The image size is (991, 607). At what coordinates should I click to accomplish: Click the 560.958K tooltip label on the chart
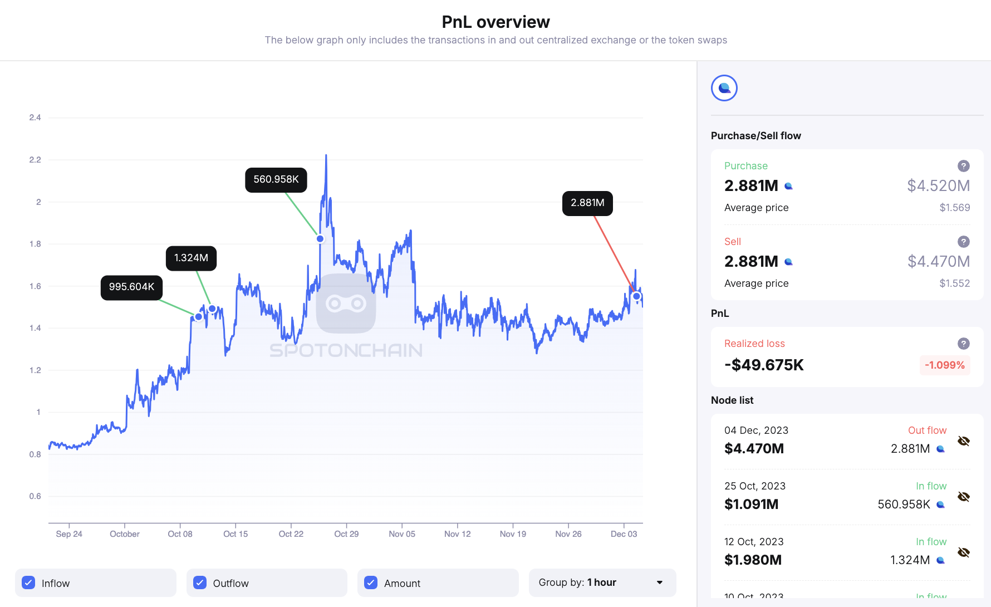pos(276,180)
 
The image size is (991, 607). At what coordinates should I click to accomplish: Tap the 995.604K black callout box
pos(131,287)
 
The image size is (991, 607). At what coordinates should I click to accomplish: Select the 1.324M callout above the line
pos(191,258)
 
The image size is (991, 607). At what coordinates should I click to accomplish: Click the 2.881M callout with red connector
pos(587,203)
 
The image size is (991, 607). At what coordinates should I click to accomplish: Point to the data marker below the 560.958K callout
pos(320,239)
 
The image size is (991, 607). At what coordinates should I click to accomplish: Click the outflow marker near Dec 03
pos(636,296)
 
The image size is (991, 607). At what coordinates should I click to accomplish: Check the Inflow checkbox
pos(28,582)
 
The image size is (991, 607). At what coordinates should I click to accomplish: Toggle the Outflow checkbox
pos(200,582)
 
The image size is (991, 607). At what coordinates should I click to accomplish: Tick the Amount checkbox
pos(371,582)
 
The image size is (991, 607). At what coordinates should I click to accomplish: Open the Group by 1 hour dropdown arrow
pos(660,582)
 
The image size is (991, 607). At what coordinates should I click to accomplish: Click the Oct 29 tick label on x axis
pos(346,534)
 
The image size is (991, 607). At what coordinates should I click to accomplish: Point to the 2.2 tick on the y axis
pos(35,160)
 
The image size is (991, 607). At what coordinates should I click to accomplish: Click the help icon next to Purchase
pos(963,166)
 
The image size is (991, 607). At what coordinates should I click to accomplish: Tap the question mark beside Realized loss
pos(963,344)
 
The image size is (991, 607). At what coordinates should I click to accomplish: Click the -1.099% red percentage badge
pos(944,365)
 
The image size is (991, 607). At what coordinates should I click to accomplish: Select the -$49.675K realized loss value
pos(764,365)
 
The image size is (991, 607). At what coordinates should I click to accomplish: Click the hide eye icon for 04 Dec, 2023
pos(964,441)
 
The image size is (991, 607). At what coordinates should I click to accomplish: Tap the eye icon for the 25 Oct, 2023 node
pos(964,497)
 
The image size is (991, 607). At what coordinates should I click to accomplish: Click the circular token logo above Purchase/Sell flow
pos(724,88)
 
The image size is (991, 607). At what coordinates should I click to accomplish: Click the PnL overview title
pos(495,22)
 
